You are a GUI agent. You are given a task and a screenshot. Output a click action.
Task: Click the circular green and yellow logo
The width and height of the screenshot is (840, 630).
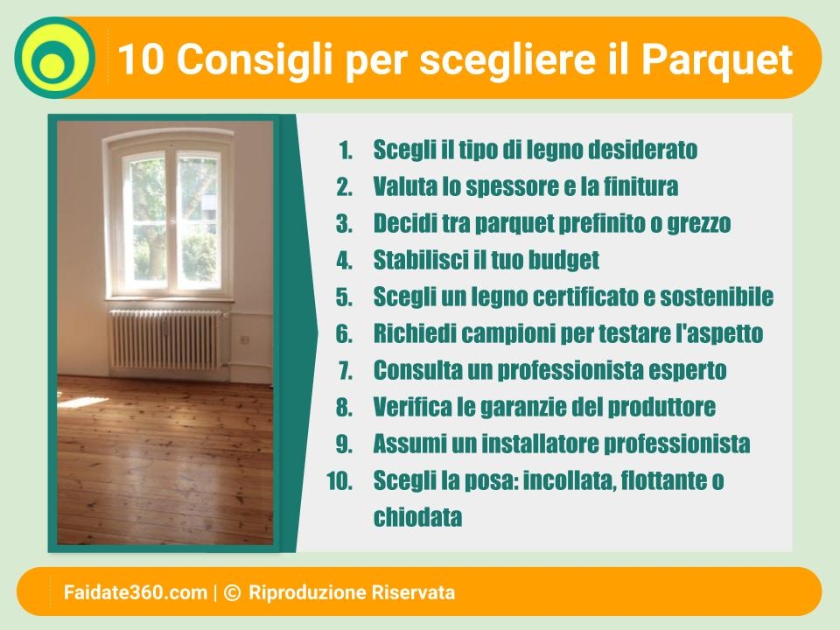pos(54,58)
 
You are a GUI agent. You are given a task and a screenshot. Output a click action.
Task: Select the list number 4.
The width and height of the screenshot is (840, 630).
pos(345,261)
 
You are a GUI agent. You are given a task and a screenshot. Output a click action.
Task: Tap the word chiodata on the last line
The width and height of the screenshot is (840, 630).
pos(417,517)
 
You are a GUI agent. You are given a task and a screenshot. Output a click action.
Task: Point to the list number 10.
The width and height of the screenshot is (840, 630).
pos(339,481)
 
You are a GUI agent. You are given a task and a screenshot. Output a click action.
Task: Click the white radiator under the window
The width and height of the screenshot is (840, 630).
pos(165,339)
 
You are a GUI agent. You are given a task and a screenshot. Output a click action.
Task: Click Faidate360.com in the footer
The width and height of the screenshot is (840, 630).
pos(135,592)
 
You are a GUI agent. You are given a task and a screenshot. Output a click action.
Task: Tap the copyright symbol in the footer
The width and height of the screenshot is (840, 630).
pos(232,592)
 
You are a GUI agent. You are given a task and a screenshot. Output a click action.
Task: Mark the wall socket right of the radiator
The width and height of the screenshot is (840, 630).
pos(244,339)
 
